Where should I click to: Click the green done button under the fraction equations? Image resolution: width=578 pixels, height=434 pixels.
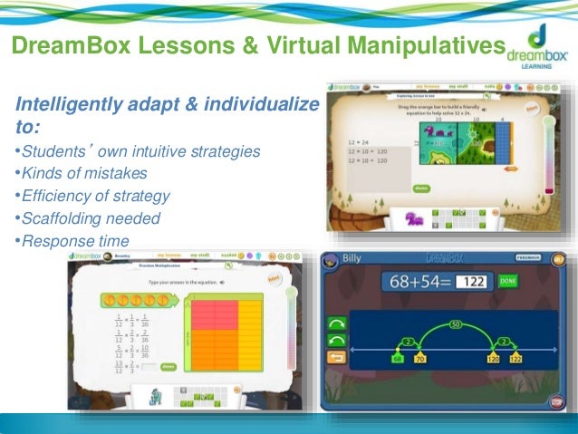tap(169, 368)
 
